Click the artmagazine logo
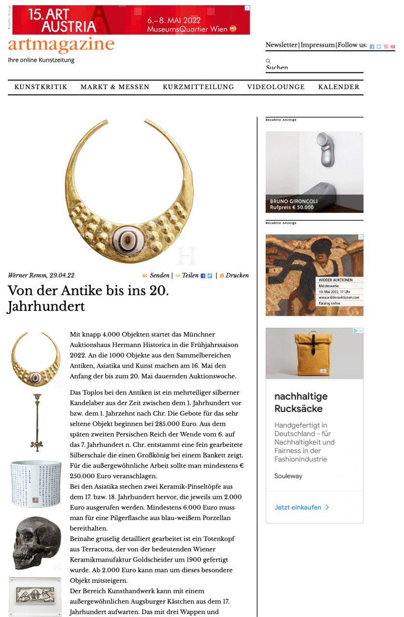[61, 45]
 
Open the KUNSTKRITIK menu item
[41, 87]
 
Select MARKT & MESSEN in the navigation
[115, 87]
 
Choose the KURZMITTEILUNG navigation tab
[198, 87]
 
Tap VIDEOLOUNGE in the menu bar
[276, 87]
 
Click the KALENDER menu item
[338, 87]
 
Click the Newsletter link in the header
[282, 45]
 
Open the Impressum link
[318, 45]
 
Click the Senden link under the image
[159, 276]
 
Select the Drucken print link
[237, 276]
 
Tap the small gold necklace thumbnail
[36, 359]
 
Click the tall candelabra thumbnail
[36, 422]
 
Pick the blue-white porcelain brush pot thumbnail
[36, 483]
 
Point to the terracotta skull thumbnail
[36, 542]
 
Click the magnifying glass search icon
[269, 61]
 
